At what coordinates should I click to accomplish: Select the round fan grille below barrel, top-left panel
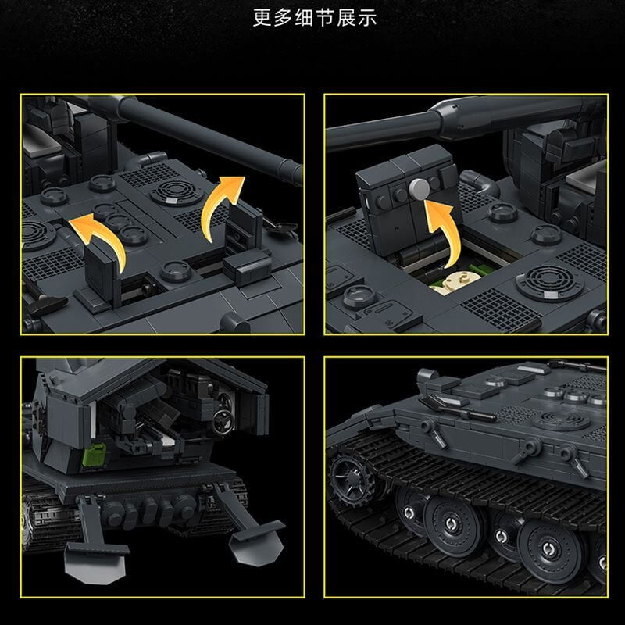point(173,191)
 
